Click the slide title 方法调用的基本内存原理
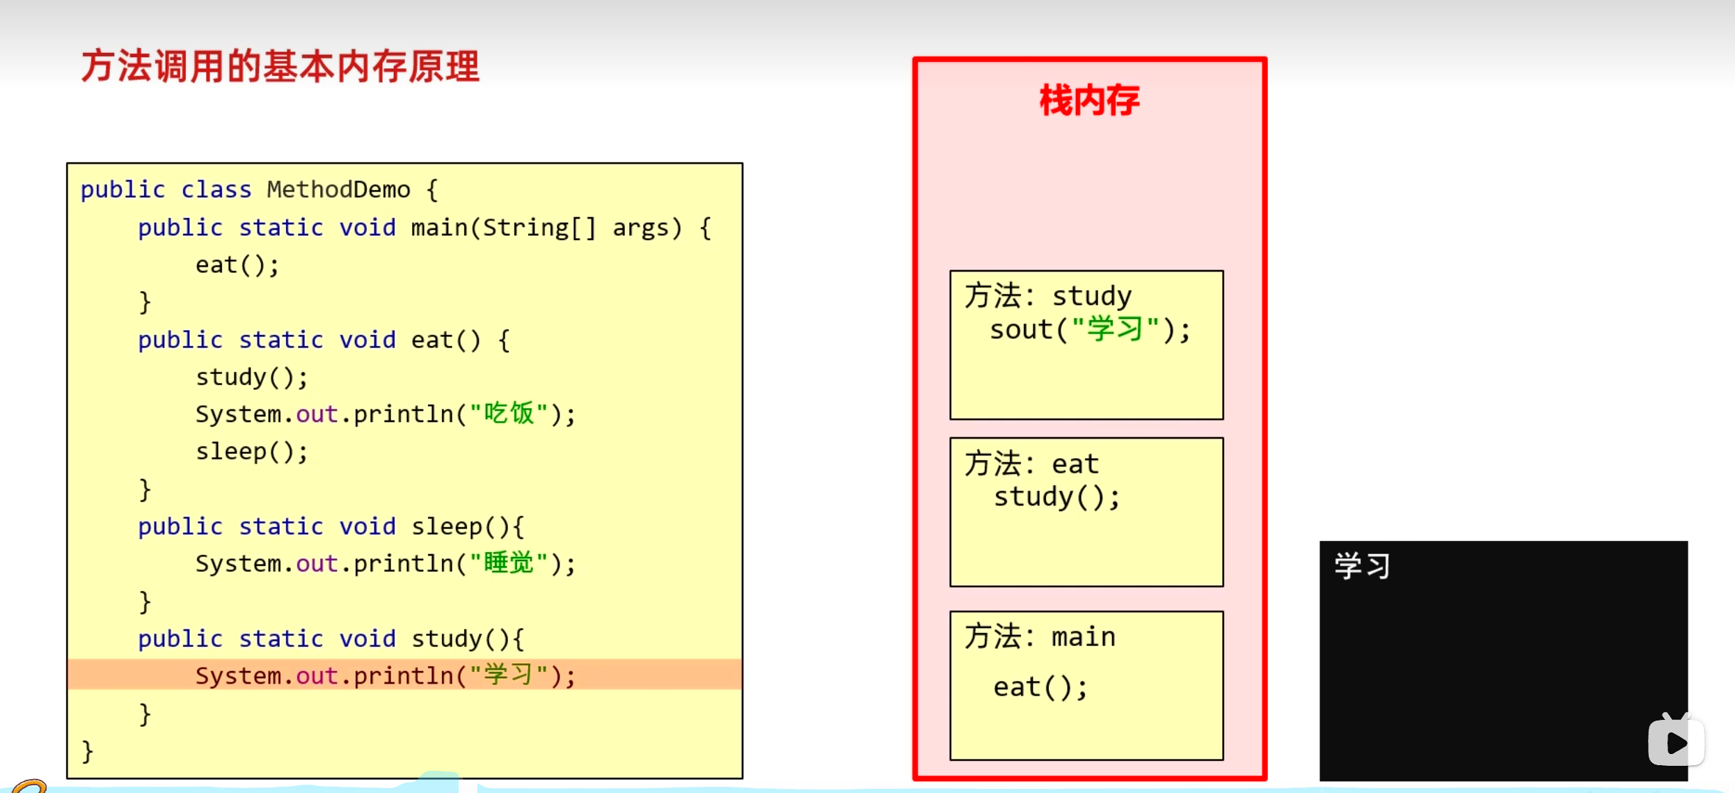tap(280, 67)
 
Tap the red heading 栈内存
tap(1089, 100)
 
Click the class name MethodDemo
tap(338, 189)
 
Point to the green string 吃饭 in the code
tap(509, 414)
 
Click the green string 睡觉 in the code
tap(509, 563)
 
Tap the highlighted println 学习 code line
tap(385, 675)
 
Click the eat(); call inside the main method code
tap(237, 265)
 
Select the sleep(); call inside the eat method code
tap(251, 452)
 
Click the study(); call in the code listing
tap(251, 377)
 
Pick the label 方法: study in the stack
tap(1048, 296)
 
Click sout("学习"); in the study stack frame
tap(1090, 329)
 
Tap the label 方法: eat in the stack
tap(1031, 464)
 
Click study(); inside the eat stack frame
tap(1056, 497)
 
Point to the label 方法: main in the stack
tap(1040, 636)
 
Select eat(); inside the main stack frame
tap(1040, 688)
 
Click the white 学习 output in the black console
tap(1362, 566)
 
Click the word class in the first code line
tap(216, 189)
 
